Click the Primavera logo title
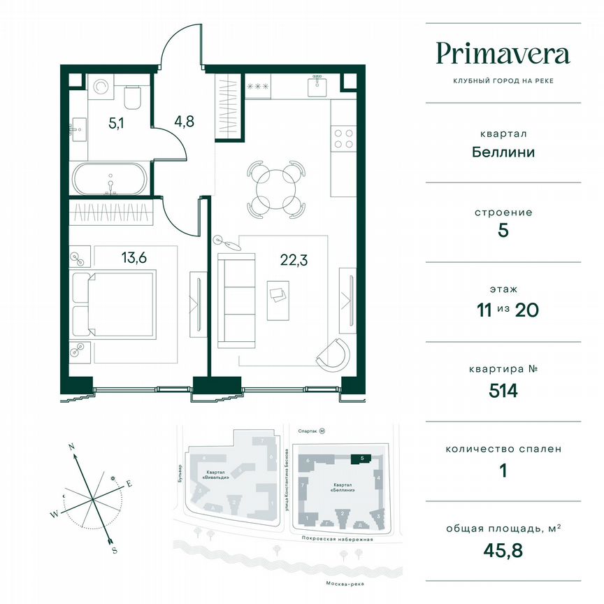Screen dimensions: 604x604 click(x=503, y=53)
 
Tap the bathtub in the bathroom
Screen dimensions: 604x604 click(x=110, y=180)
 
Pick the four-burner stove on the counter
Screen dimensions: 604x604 click(x=343, y=137)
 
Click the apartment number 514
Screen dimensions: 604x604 click(x=503, y=390)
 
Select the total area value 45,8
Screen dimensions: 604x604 click(x=503, y=550)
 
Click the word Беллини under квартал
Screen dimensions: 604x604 click(x=503, y=151)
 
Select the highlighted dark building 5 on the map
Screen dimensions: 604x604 click(x=359, y=459)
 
